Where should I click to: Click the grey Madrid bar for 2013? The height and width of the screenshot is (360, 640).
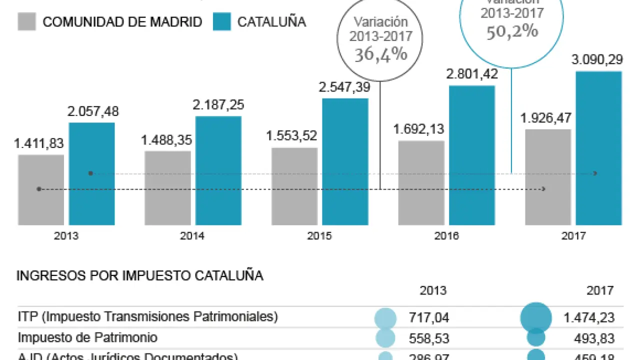(41, 190)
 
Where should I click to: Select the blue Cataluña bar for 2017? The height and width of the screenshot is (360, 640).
(598, 148)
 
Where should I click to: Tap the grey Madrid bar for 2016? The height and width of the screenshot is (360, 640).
(421, 182)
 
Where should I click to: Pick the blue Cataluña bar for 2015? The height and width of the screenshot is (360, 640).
(345, 161)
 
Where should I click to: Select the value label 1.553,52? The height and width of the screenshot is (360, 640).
(292, 136)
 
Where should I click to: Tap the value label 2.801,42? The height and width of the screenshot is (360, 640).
(471, 74)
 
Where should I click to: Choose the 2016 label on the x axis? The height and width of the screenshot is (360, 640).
(446, 236)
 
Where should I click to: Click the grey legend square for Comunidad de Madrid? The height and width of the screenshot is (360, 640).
(26, 22)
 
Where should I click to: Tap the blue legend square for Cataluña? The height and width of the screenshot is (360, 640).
(221, 22)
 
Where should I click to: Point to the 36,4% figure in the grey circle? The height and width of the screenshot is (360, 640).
(381, 54)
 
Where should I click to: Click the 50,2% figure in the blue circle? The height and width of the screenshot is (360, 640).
(512, 31)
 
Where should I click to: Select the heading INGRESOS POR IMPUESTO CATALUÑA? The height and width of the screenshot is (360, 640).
(140, 276)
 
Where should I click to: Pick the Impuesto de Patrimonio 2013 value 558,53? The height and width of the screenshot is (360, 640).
(428, 338)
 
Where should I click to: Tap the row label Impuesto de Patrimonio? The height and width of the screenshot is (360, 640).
(87, 337)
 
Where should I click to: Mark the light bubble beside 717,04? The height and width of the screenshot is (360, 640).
(385, 318)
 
